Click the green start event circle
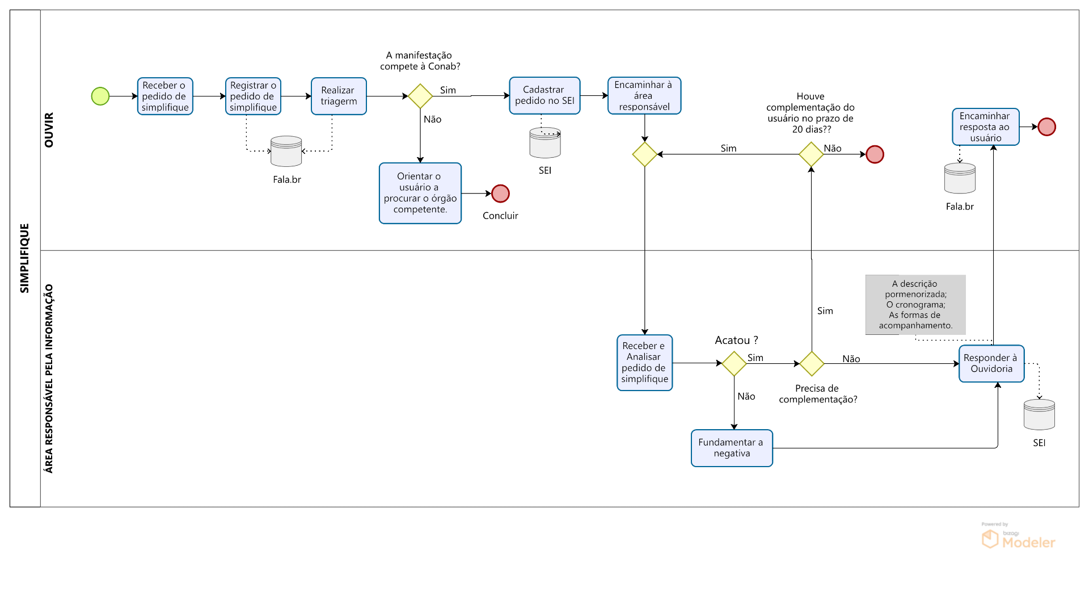[100, 96]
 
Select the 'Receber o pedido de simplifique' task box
[165, 96]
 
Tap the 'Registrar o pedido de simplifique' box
[253, 96]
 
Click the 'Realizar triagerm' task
[339, 96]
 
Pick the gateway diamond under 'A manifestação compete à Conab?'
[420, 96]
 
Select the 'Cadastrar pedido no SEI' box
[544, 95]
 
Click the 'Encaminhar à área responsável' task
[644, 95]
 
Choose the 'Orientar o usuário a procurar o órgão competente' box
[420, 193]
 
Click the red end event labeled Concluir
[500, 194]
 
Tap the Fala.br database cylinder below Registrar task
[286, 151]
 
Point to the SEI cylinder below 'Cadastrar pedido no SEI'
[545, 143]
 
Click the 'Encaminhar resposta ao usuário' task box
[985, 127]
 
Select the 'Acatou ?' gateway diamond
[734, 363]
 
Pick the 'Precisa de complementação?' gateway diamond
[812, 363]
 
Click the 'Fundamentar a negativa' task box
[732, 448]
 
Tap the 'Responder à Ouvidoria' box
[991, 363]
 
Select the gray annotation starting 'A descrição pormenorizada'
[915, 305]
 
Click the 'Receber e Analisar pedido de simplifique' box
[644, 362]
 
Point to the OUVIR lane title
[49, 130]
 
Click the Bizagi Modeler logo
[1019, 538]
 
